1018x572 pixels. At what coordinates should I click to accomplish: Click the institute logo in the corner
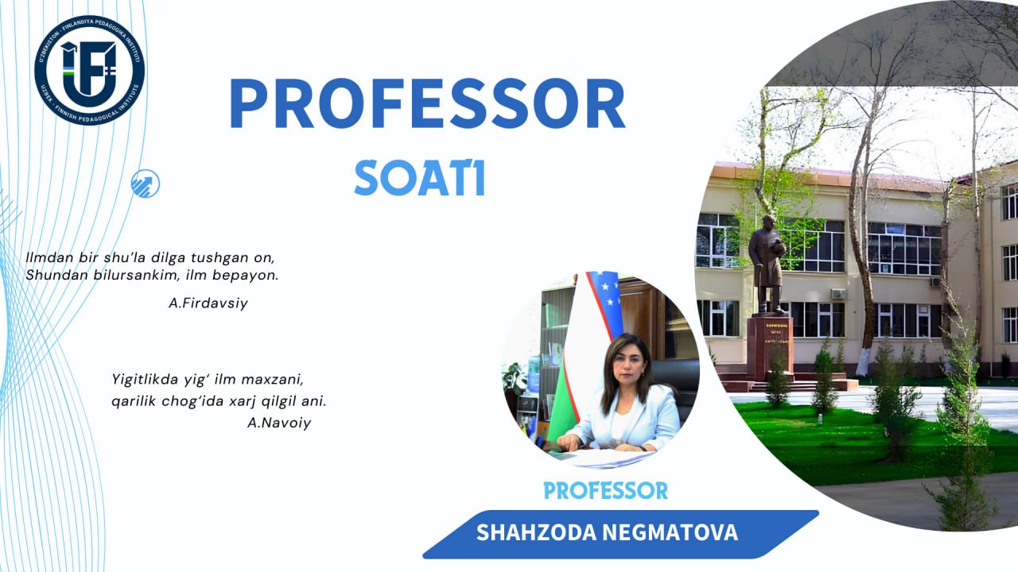point(89,70)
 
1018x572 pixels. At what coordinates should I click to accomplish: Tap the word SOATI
point(419,178)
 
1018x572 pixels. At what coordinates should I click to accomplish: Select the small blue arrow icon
point(146,184)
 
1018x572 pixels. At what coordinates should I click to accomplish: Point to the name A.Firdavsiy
point(208,303)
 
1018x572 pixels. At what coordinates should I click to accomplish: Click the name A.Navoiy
point(279,423)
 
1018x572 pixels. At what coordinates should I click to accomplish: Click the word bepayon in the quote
point(251,276)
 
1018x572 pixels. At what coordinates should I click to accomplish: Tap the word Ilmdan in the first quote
point(47,258)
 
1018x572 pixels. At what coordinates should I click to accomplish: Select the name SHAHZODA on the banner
point(533,533)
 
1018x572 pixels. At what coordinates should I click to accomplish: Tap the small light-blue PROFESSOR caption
point(605,490)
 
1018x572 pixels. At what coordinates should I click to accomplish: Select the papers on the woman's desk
point(608,458)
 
